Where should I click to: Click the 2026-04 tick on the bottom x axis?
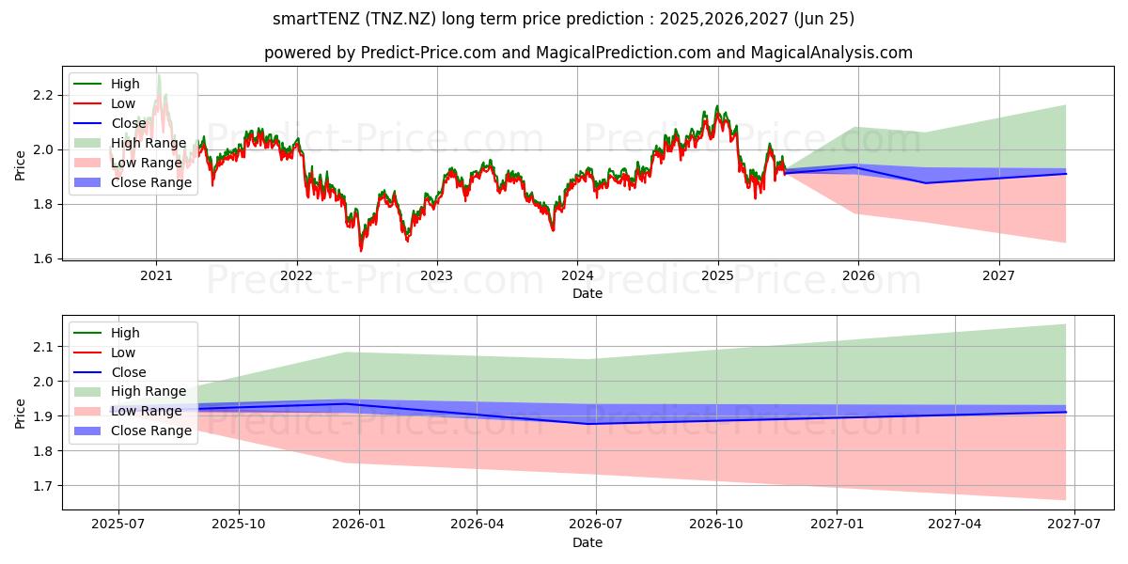[478, 525]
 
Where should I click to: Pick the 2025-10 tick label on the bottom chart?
[238, 525]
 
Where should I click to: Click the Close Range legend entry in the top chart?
[151, 182]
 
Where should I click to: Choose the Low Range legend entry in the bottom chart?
[147, 412]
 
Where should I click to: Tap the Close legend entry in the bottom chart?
[129, 372]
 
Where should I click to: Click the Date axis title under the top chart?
[587, 293]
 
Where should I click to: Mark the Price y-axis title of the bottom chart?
[21, 413]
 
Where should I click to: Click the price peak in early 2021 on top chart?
[159, 75]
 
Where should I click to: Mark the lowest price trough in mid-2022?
[360, 250]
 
